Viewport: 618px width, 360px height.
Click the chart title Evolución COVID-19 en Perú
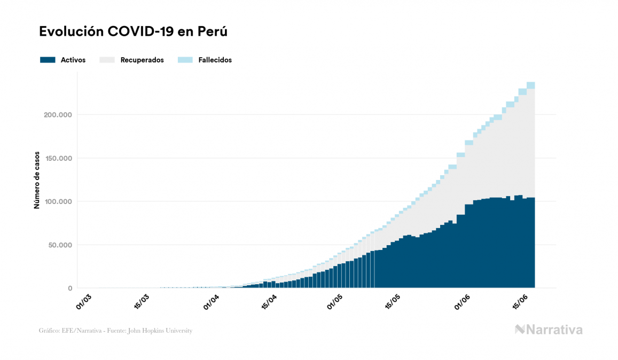(134, 32)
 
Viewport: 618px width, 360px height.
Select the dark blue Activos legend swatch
(48, 60)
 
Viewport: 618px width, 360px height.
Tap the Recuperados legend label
(142, 60)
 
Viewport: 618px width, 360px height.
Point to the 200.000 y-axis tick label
(57, 115)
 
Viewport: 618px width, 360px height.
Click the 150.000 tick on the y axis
(57, 159)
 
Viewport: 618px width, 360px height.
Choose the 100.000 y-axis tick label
(57, 202)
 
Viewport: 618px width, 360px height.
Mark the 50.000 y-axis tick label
(59, 245)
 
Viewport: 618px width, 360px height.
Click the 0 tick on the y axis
(70, 288)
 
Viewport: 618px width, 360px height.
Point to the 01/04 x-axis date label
(211, 302)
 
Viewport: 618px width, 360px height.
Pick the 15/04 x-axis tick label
(269, 302)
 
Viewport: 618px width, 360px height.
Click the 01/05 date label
(334, 302)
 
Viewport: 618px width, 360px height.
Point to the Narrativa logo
(549, 330)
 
